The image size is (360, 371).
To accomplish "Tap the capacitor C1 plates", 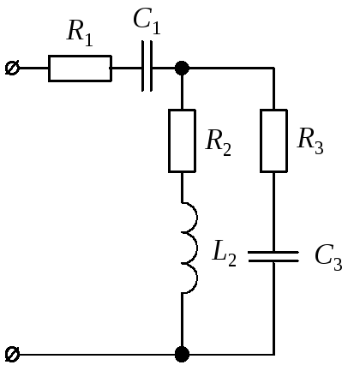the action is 147,66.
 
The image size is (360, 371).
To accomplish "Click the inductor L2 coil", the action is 196,248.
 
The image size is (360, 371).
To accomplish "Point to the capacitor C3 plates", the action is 273,256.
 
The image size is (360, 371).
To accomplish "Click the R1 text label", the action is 80,33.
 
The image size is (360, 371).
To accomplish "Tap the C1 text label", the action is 147,22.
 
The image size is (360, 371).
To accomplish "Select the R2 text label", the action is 219,142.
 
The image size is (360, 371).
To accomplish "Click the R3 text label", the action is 310,141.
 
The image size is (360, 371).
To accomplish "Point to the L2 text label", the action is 225,254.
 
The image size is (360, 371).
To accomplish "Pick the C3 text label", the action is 328,257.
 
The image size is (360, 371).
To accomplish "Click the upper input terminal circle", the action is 12,68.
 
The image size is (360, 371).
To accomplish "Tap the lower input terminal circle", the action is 12,355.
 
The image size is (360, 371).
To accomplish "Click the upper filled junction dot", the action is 182,69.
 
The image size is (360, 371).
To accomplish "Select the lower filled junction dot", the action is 182,355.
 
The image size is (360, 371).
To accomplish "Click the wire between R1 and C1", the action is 127,69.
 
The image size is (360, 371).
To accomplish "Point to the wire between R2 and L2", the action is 182,188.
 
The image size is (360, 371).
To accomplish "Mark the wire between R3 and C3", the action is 273,212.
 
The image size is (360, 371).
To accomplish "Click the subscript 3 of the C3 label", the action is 338,264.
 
